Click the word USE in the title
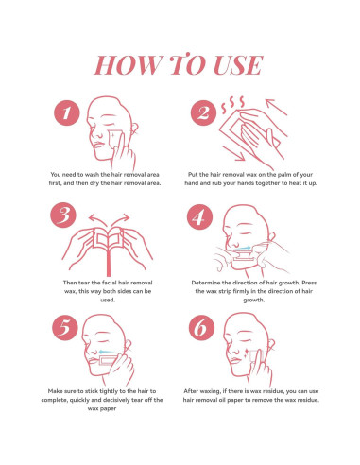click(x=238, y=65)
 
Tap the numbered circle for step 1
click(x=67, y=113)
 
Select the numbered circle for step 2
click(x=203, y=113)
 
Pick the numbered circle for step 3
click(x=63, y=215)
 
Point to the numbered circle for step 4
click(x=199, y=217)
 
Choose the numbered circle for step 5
click(x=64, y=328)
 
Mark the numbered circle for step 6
click(x=201, y=328)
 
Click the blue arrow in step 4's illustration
click(x=243, y=248)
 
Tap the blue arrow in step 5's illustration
click(x=107, y=352)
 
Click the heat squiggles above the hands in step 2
click(x=232, y=105)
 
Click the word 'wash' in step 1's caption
click(x=93, y=174)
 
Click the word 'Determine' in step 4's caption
click(x=206, y=283)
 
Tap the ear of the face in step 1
click(x=135, y=129)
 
